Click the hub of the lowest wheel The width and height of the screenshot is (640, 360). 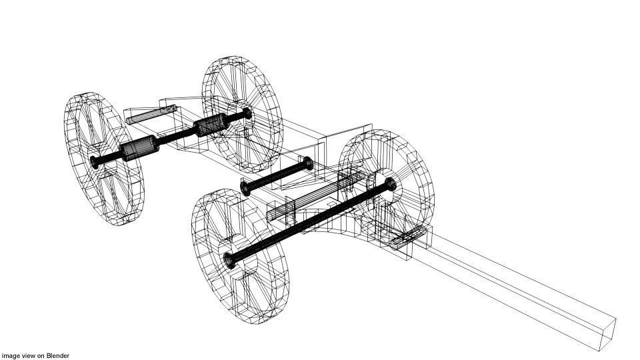pyautogui.click(x=231, y=259)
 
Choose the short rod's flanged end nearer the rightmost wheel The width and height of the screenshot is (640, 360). pyautogui.click(x=307, y=163)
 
